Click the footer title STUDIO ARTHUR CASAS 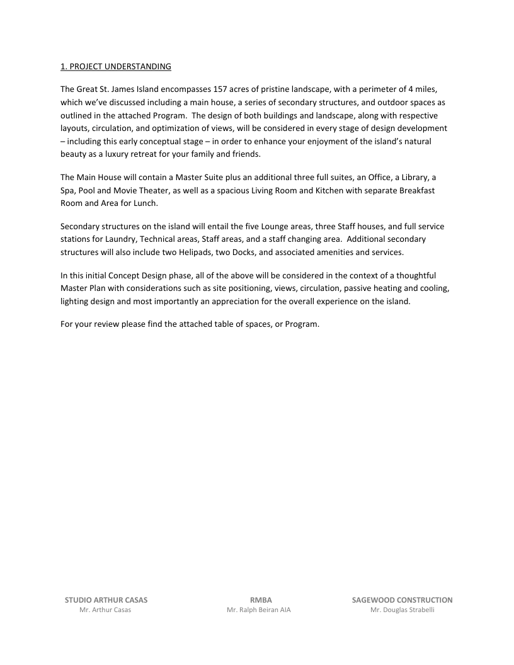pos(106,600)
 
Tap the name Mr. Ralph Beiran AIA pos(259,611)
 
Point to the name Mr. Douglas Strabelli pos(403,611)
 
